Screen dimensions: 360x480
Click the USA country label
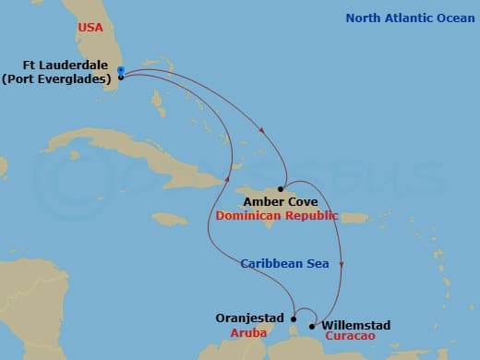click(x=90, y=28)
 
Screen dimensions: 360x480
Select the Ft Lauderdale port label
click(x=61, y=66)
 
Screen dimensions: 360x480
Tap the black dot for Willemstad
click(x=313, y=326)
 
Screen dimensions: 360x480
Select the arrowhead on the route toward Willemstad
click(x=342, y=265)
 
